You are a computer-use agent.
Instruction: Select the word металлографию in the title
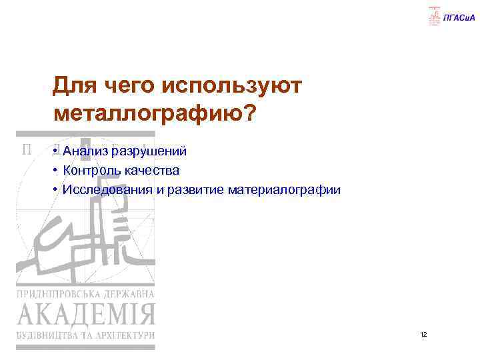click(146, 113)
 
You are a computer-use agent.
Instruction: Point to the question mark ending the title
click(247, 112)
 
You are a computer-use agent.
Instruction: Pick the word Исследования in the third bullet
click(107, 190)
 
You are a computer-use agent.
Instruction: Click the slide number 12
click(423, 333)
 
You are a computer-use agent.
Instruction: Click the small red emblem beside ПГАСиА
click(435, 16)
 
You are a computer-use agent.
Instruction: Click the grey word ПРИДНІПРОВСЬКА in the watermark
click(59, 294)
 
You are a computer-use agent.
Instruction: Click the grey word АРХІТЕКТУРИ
click(123, 335)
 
